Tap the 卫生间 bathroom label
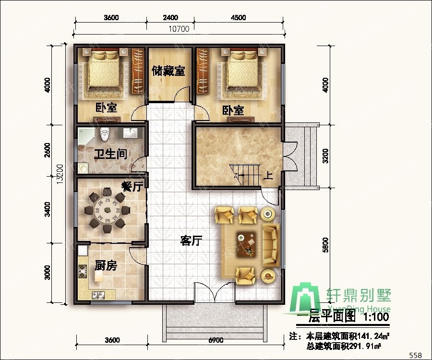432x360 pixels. (110, 155)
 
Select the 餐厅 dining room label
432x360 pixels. (132, 186)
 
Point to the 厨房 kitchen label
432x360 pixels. (106, 266)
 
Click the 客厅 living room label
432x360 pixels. (191, 241)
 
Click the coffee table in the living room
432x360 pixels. (247, 241)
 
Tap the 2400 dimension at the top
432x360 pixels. (170, 18)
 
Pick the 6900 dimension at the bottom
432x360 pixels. (216, 340)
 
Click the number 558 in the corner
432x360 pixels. (416, 355)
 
